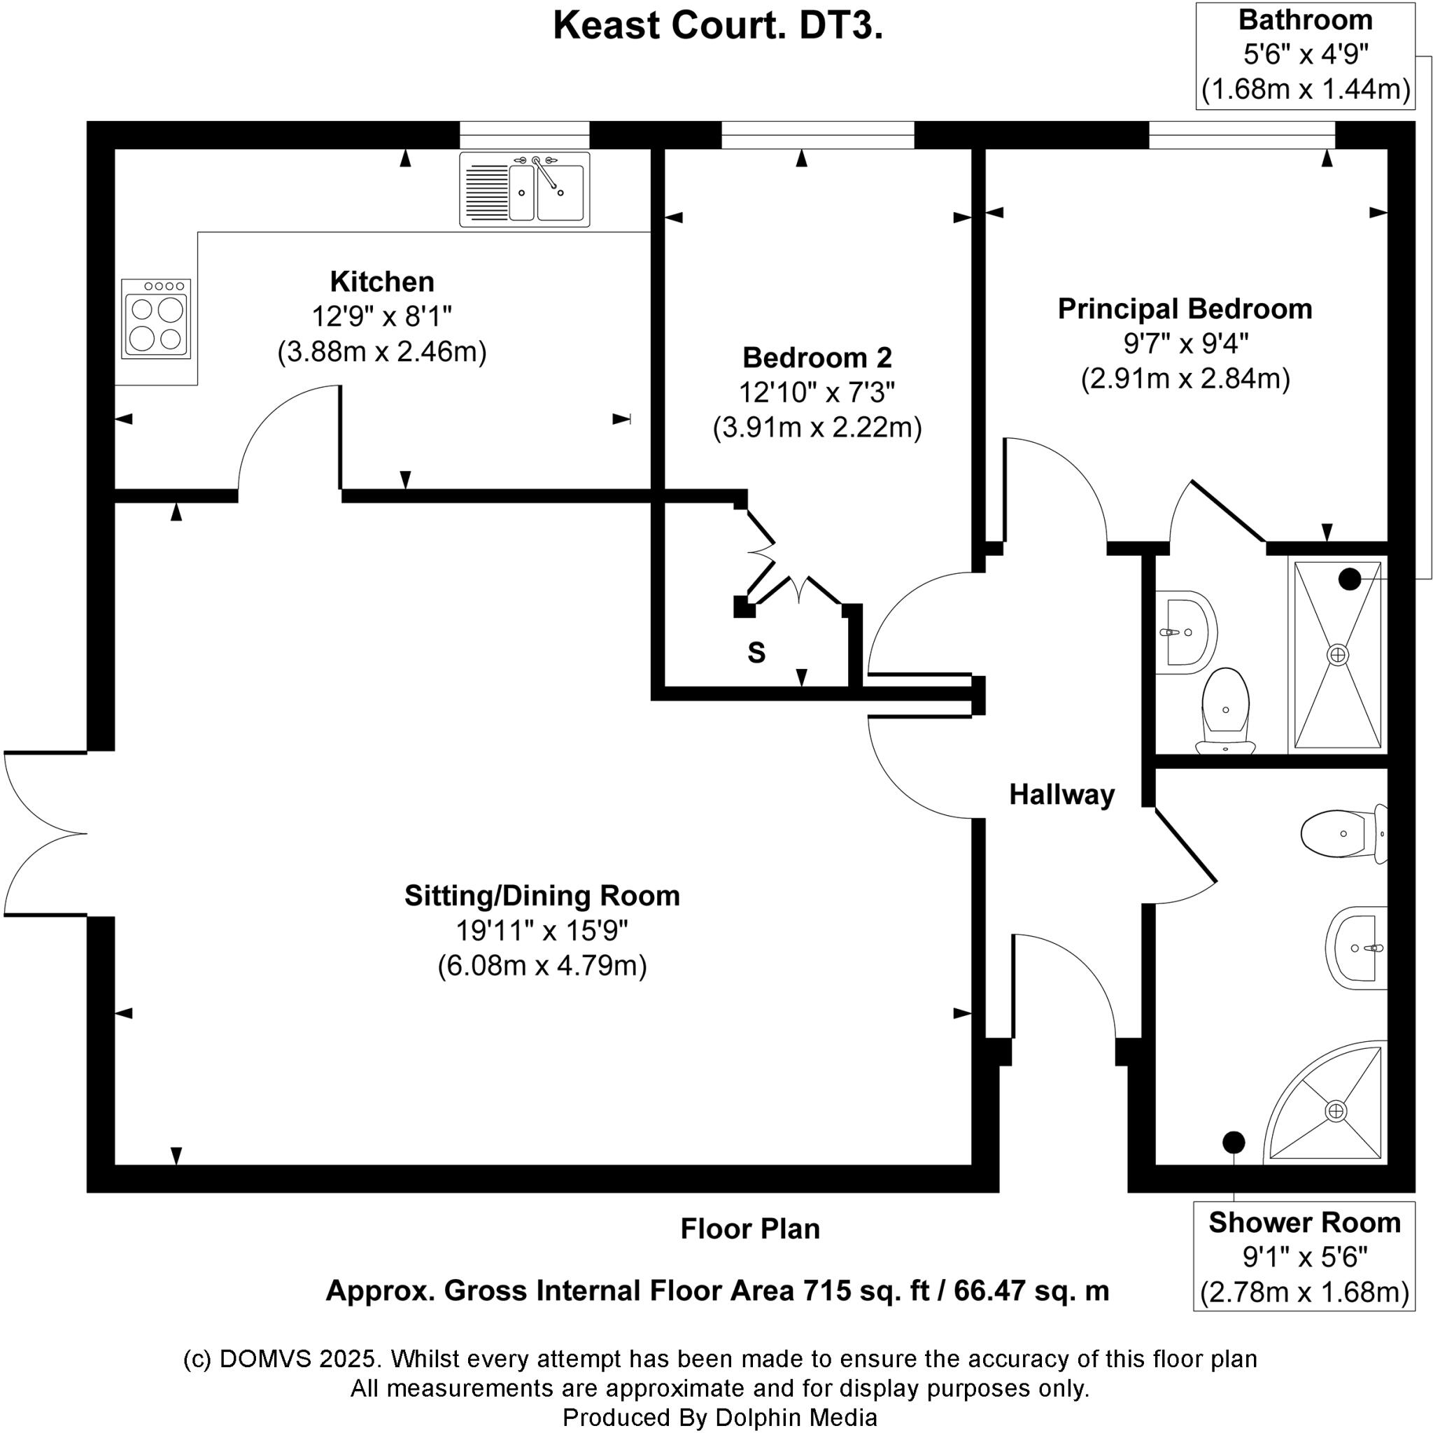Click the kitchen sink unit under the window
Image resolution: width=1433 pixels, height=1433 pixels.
click(x=523, y=189)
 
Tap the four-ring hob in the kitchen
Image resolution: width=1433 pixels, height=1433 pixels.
click(x=156, y=319)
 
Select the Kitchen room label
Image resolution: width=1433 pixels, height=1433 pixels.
click(x=382, y=282)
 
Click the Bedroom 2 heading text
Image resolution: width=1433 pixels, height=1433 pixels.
click(x=817, y=358)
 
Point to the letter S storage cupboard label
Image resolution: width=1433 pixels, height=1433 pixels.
click(x=756, y=653)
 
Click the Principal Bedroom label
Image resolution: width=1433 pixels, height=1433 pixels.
click(x=1185, y=309)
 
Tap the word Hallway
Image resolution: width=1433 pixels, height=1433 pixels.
click(x=1061, y=794)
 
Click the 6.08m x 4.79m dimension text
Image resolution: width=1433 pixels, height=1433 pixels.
click(x=542, y=966)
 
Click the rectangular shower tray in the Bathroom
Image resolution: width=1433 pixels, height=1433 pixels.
click(x=1337, y=654)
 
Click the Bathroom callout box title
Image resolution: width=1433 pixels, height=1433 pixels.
click(x=1305, y=20)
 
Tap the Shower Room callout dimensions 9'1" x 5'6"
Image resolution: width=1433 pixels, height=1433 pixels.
click(x=1304, y=1257)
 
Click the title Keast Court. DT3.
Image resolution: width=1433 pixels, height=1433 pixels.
click(x=717, y=26)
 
